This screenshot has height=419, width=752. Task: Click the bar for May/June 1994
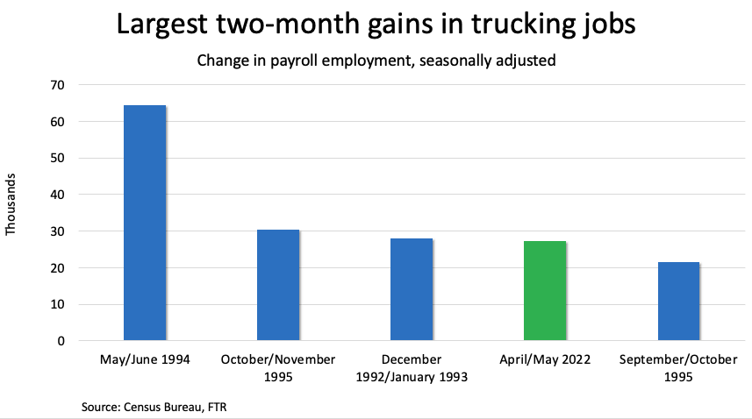click(x=145, y=223)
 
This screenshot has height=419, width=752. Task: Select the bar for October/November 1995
click(x=278, y=285)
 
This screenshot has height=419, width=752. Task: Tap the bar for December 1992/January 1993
click(x=412, y=289)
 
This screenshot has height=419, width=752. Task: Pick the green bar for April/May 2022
click(x=545, y=291)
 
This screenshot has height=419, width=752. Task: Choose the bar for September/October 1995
click(x=678, y=301)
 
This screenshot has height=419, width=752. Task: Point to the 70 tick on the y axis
click(x=60, y=85)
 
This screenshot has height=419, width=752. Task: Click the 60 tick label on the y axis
click(x=60, y=122)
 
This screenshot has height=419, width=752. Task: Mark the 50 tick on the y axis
click(x=60, y=159)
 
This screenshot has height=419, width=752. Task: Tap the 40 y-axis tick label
click(x=60, y=195)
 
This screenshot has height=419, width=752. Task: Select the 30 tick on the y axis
click(x=60, y=231)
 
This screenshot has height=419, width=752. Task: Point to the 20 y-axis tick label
click(x=60, y=268)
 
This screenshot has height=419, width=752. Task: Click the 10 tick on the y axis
click(x=60, y=304)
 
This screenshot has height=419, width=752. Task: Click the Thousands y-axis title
click(x=11, y=208)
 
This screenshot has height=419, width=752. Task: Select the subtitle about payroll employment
click(x=376, y=61)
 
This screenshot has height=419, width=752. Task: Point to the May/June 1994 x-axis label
click(x=145, y=359)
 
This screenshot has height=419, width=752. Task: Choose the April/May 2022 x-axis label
click(x=545, y=359)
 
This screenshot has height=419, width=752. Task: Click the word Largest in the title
click(x=168, y=26)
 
